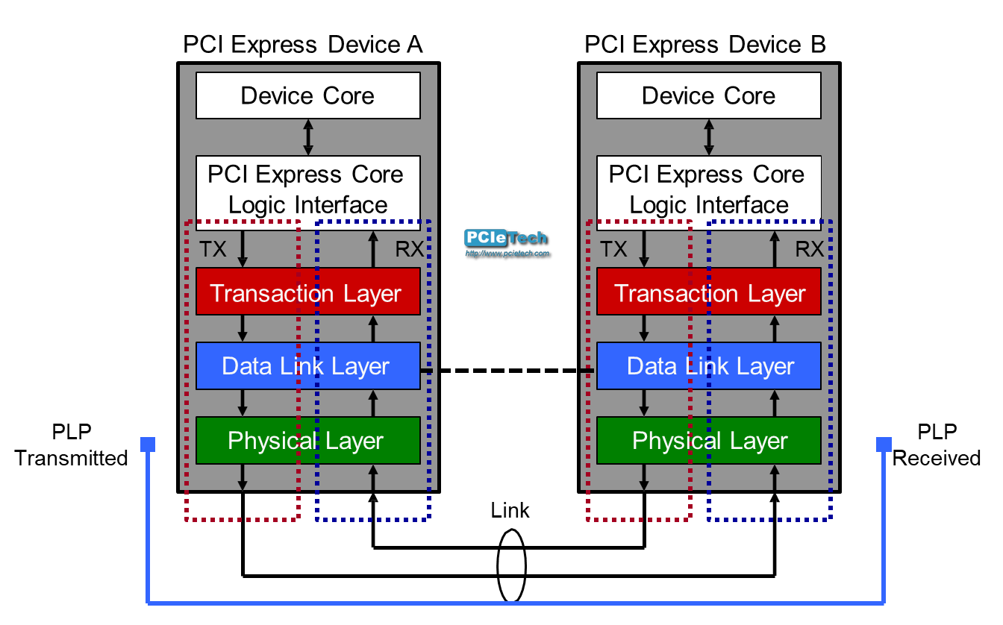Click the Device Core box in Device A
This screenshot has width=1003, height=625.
click(x=307, y=95)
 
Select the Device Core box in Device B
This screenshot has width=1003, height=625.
click(x=708, y=95)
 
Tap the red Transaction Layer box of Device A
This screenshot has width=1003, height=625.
click(x=307, y=292)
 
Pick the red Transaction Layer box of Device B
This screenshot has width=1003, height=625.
click(x=708, y=292)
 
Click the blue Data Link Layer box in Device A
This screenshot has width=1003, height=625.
click(x=307, y=365)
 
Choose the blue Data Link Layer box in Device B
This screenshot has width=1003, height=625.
click(x=708, y=365)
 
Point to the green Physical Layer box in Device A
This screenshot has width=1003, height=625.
click(x=307, y=440)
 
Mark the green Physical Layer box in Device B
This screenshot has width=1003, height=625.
click(x=708, y=440)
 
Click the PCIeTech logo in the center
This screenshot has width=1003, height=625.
click(x=507, y=241)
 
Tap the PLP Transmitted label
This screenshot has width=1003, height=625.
click(x=71, y=445)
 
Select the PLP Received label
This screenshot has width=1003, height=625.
click(x=937, y=445)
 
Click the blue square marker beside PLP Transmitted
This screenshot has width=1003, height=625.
click(x=149, y=445)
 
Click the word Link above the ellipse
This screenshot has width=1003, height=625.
click(x=510, y=510)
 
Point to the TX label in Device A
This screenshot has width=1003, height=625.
click(x=213, y=249)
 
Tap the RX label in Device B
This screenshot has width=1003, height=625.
click(x=810, y=249)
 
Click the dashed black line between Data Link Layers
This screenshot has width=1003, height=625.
click(x=508, y=370)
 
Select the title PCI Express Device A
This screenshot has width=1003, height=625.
click(x=303, y=45)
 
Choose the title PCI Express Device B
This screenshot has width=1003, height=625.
click(x=705, y=45)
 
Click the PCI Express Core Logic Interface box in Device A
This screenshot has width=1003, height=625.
click(x=307, y=189)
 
